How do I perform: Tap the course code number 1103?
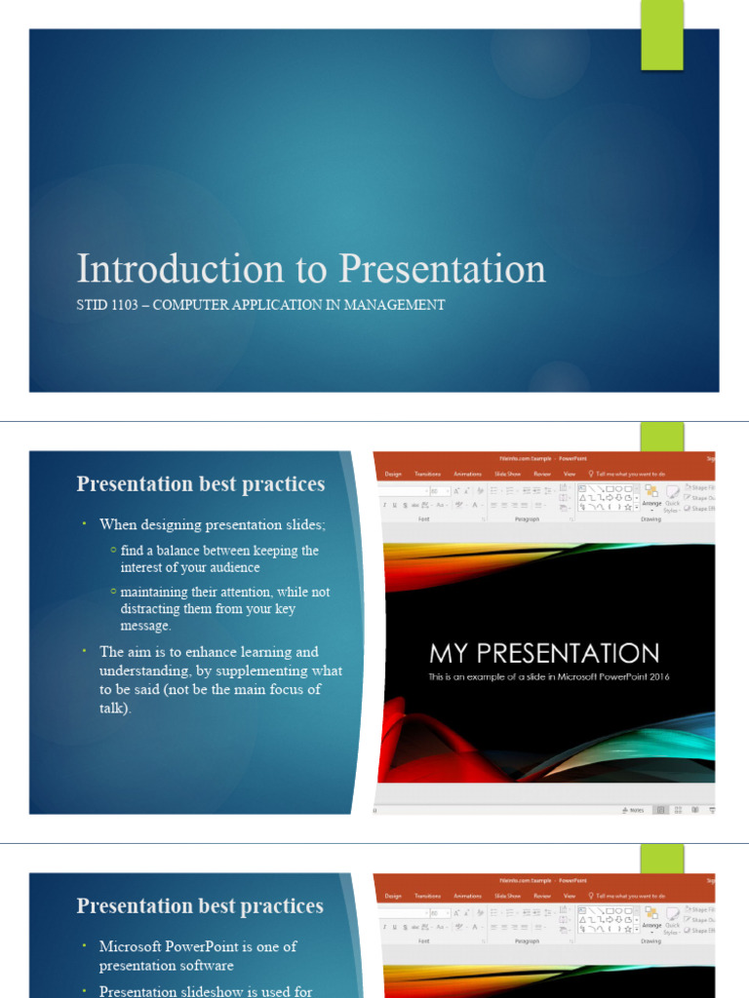tap(123, 305)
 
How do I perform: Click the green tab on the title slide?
tap(661, 36)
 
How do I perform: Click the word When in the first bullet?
tap(119, 525)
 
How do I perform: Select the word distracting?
tap(151, 609)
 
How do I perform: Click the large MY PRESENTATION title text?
tap(544, 653)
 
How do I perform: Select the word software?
tap(202, 966)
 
